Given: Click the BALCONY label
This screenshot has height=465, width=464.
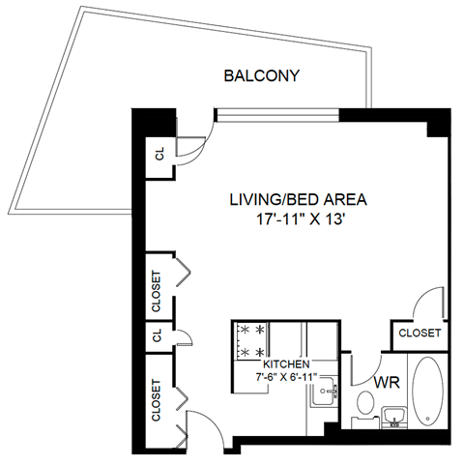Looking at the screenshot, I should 260,75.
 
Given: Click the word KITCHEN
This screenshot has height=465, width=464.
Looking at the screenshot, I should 285,363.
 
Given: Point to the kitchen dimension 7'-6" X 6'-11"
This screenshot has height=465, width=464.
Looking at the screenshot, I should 286,376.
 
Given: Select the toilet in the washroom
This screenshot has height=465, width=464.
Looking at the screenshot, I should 365,401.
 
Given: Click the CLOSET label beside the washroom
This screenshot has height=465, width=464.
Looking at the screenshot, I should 420,333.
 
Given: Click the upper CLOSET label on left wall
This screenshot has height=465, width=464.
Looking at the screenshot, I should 157,290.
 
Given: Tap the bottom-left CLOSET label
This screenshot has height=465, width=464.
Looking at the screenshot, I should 157,400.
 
